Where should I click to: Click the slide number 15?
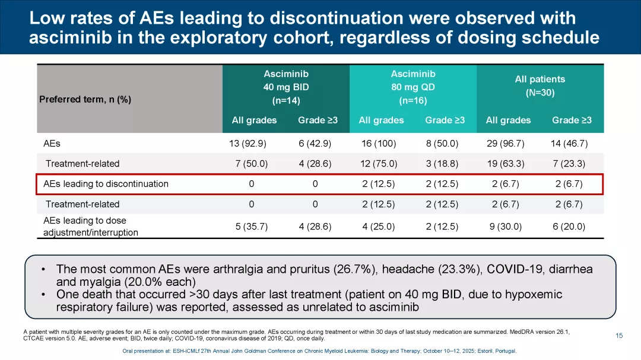tap(619, 336)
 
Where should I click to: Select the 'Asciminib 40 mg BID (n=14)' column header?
tap(286, 87)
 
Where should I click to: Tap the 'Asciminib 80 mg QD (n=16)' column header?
tap(413, 87)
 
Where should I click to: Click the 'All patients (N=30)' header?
tap(540, 86)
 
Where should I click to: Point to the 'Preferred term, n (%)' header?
tap(85, 99)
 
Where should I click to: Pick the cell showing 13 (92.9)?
tap(252, 144)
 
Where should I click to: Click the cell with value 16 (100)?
tap(379, 144)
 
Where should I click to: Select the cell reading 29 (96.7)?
tap(506, 144)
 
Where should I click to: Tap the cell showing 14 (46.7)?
tap(569, 144)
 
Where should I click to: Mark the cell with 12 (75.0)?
tap(379, 164)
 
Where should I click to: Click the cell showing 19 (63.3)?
tap(506, 164)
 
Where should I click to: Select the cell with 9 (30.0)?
tap(506, 227)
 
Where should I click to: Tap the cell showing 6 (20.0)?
tap(569, 227)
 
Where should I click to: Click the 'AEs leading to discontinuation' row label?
tap(106, 184)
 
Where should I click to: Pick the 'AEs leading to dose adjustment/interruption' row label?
tap(91, 227)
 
